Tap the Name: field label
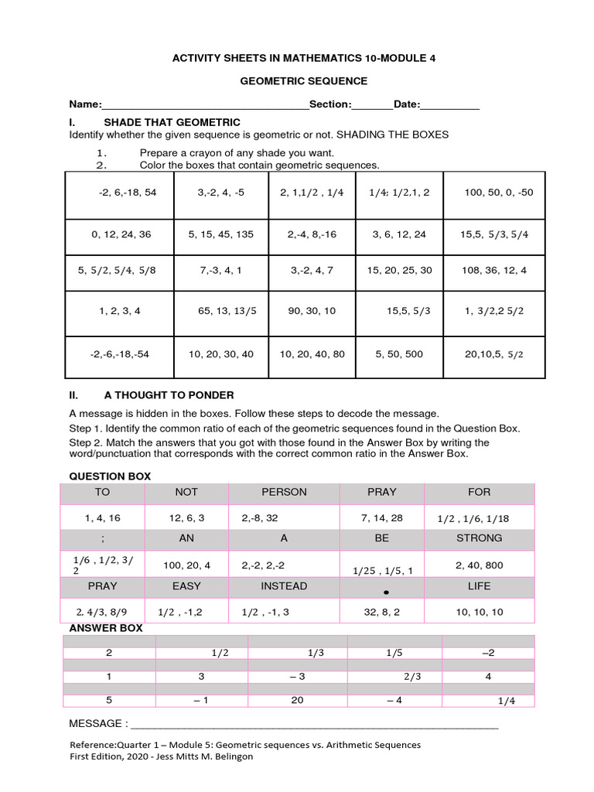coord(85,104)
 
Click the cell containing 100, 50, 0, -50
coord(498,193)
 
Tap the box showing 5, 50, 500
coord(399,354)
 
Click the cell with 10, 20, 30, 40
coord(220,354)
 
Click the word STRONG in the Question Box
coord(479,538)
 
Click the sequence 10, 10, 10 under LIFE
coord(480,612)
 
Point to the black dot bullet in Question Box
coord(384,592)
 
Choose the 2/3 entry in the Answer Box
coord(412,677)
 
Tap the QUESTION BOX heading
coord(110,476)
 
